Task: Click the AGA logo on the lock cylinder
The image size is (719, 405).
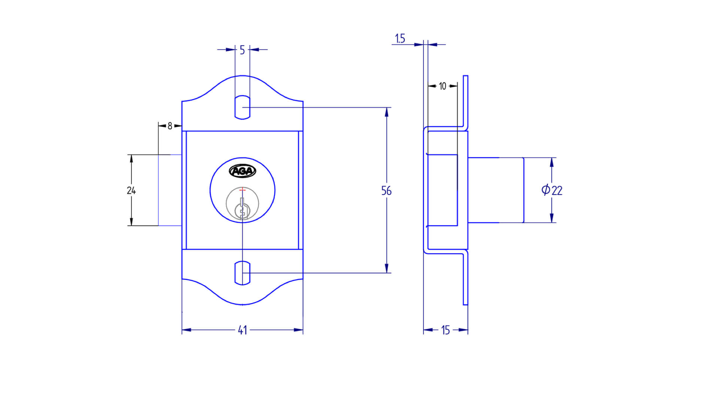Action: coord(243,171)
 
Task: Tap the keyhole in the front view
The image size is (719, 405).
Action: coord(243,208)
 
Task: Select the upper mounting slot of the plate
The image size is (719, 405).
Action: coord(242,108)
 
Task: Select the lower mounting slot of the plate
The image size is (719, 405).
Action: coord(242,273)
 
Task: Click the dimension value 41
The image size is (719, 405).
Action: coord(242,330)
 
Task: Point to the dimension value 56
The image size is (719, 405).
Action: coord(386,190)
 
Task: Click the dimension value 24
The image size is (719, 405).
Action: coord(131,190)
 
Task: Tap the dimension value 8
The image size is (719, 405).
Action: coord(170,126)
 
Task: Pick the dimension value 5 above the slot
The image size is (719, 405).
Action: coord(242,50)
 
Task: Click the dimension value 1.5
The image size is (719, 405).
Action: coord(400,38)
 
